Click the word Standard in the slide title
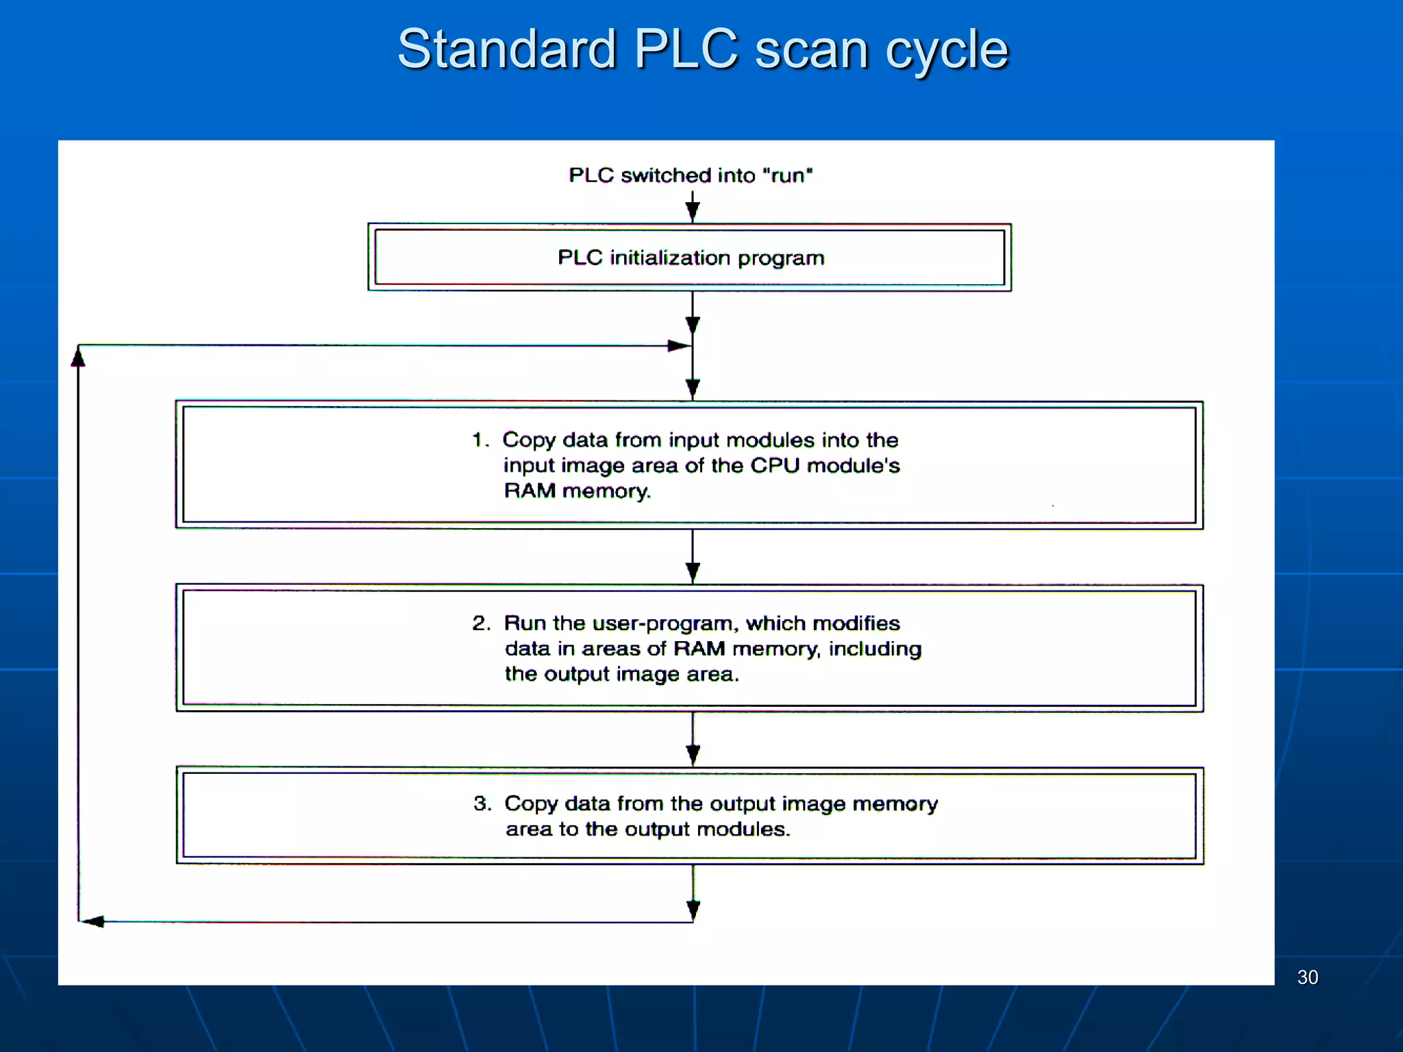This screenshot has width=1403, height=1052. (507, 49)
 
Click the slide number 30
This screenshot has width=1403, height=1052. (1307, 977)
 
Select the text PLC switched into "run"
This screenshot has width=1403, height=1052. (691, 175)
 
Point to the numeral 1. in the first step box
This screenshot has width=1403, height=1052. (480, 440)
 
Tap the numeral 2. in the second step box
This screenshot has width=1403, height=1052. (481, 623)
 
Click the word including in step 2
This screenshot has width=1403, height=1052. (875, 649)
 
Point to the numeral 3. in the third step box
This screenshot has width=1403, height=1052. (482, 803)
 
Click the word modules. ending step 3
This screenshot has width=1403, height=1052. (743, 829)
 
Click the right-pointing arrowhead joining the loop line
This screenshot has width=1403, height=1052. (678, 346)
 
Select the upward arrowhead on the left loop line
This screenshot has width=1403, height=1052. (78, 357)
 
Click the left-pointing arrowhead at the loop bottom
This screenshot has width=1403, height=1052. (93, 922)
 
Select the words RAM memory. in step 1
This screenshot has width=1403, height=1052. (577, 491)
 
